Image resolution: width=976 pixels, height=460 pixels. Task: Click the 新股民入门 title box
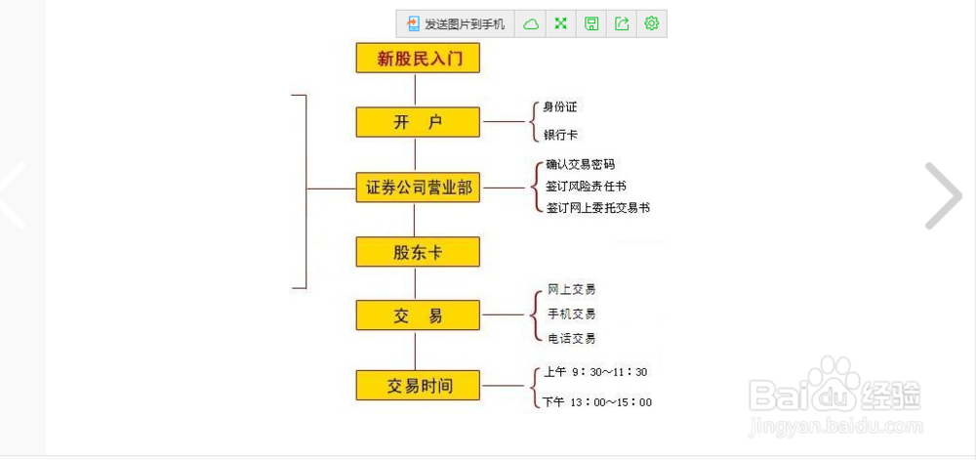pos(418,58)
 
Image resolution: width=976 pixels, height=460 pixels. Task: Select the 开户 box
pos(418,122)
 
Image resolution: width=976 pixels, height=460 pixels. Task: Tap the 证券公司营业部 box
pos(418,188)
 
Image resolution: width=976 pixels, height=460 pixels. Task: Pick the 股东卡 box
pos(418,251)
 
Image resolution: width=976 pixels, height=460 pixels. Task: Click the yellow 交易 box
pos(418,314)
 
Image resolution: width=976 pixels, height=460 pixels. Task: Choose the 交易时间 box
pos(418,386)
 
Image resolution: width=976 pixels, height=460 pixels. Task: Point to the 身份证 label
pos(560,107)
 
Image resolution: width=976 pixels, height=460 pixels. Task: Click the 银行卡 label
pos(560,135)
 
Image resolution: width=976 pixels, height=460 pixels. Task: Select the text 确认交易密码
pos(580,165)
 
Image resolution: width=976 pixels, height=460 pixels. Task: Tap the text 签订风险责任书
pos(586,187)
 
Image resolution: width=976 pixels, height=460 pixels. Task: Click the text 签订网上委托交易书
pos(597,208)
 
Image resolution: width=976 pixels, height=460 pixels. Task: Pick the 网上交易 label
pos(571,289)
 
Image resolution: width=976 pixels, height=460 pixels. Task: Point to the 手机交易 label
pos(571,314)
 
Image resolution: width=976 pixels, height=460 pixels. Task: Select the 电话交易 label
pos(571,339)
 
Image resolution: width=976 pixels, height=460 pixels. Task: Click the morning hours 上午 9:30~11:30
pos(595,372)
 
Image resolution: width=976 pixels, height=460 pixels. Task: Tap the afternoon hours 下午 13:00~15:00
pos(597,402)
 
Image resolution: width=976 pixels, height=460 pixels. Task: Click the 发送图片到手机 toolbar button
pos(456,23)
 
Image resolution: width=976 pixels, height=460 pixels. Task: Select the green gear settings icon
pos(652,23)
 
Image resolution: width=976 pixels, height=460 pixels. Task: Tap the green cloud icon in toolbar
pos(530,23)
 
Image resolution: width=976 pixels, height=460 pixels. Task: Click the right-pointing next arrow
pos(943,195)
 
